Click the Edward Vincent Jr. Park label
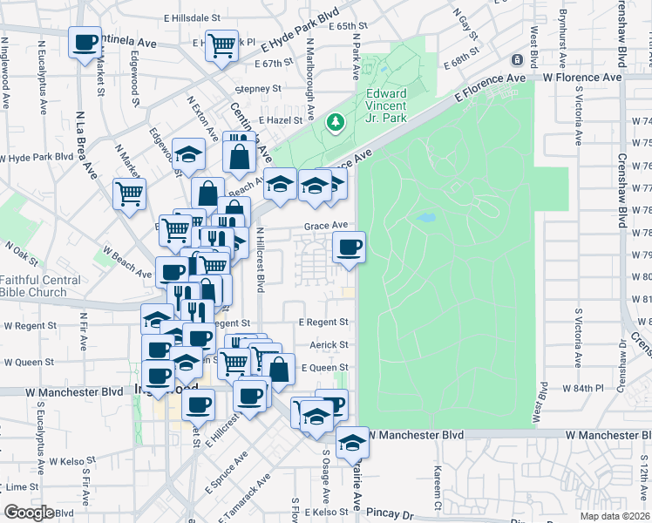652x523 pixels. click(387, 104)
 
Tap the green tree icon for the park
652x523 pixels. click(334, 121)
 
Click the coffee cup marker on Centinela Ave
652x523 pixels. click(85, 43)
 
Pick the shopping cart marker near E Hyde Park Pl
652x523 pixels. click(222, 44)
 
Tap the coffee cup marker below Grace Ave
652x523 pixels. click(350, 248)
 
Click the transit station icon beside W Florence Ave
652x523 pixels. click(518, 60)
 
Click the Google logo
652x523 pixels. click(30, 513)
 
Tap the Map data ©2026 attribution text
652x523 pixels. click(615, 516)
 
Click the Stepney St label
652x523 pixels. click(262, 89)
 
